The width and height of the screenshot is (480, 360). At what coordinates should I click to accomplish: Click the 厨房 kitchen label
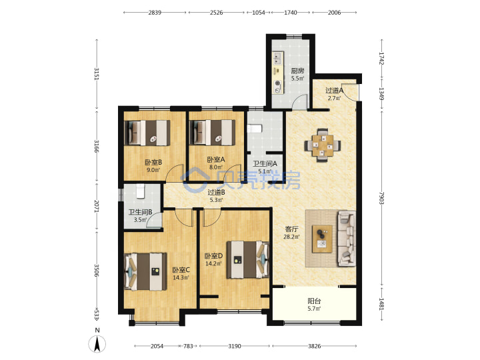coord(297,71)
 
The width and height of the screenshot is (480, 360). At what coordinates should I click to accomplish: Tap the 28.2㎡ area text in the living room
coord(291,236)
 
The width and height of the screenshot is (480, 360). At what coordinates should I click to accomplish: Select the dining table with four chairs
coord(323,145)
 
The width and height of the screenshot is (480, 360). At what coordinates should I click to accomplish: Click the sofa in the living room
coord(347,238)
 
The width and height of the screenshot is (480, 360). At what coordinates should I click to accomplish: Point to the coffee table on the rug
coord(322,239)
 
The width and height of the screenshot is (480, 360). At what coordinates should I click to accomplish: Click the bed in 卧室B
coord(147,133)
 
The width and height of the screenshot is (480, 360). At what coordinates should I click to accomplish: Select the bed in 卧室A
coord(213,133)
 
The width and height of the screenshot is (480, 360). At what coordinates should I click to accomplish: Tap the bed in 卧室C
coord(145,271)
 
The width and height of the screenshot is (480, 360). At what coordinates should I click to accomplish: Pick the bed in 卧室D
coord(247,259)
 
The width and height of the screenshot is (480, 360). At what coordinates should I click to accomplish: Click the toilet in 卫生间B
coord(140,191)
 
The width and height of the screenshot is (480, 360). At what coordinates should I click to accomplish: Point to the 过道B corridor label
coord(217,192)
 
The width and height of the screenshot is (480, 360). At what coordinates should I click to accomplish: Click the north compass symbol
coord(97,341)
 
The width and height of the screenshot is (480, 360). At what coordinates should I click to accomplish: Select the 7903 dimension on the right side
coord(381,198)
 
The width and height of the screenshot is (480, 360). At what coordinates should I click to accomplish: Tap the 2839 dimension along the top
coord(155,13)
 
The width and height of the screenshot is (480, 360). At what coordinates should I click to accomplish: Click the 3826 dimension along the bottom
coord(314,346)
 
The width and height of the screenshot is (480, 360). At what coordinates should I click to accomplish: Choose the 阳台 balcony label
coord(314,301)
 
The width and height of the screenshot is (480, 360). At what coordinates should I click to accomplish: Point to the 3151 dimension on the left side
coord(97,73)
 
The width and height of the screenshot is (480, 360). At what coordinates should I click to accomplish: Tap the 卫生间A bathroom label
coord(265,164)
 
